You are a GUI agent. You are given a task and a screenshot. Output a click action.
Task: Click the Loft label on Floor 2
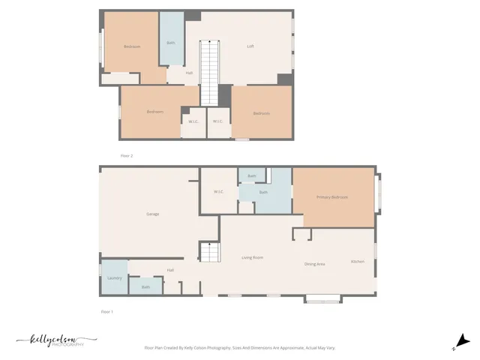[x=250, y=46]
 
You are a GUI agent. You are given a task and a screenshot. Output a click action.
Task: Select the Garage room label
[x=152, y=214]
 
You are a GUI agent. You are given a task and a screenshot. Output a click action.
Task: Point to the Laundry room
[x=114, y=277]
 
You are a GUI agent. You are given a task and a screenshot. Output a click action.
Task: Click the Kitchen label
[x=358, y=261]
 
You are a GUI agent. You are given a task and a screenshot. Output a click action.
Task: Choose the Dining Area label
[x=314, y=264]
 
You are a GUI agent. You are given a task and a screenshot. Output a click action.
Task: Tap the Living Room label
[x=252, y=258]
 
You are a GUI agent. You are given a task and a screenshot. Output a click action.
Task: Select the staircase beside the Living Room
[x=209, y=252]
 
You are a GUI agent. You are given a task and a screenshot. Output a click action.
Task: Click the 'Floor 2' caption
[x=127, y=155]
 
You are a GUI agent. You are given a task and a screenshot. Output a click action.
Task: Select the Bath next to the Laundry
[x=145, y=286]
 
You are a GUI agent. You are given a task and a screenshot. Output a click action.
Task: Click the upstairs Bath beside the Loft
[x=171, y=42]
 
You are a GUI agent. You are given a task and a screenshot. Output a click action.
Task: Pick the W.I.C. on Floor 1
[x=218, y=192]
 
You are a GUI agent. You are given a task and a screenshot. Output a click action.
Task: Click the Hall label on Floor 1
[x=170, y=270]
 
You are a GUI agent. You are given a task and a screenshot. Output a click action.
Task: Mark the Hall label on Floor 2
[x=189, y=73]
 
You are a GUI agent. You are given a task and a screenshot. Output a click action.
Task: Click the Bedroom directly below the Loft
[x=261, y=113]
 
